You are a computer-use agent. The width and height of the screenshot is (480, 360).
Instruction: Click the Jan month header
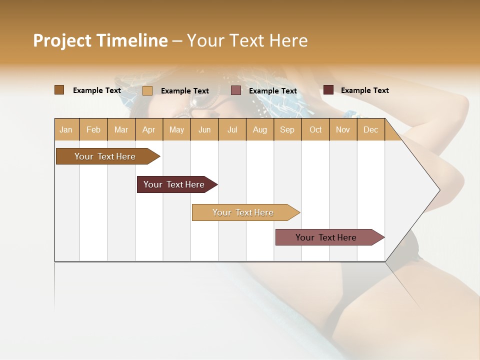pyautogui.click(x=66, y=129)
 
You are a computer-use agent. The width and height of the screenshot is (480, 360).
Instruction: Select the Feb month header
pyautogui.click(x=93, y=129)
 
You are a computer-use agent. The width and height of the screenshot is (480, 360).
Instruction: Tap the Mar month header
pyautogui.click(x=121, y=129)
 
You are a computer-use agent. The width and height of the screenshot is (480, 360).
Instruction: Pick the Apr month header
pyautogui.click(x=149, y=129)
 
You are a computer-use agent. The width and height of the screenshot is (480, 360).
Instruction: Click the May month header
pyautogui.click(x=176, y=129)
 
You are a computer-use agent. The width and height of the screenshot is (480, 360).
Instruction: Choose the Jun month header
pyautogui.click(x=204, y=129)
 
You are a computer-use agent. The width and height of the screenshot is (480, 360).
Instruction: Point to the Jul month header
pyautogui.click(x=232, y=129)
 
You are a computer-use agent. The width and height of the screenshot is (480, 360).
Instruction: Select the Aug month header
pyautogui.click(x=260, y=129)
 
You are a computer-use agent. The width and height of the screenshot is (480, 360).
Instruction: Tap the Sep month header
pyautogui.click(x=287, y=129)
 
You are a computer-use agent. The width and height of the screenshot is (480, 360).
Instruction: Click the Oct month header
pyautogui.click(x=315, y=129)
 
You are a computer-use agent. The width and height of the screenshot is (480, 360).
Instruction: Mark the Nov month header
pyautogui.click(x=343, y=129)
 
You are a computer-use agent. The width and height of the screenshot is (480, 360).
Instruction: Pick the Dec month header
pyautogui.click(x=371, y=129)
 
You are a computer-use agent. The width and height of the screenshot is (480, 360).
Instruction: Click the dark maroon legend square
pyautogui.click(x=328, y=90)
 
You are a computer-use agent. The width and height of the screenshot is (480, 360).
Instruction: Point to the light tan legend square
pyautogui.click(x=147, y=90)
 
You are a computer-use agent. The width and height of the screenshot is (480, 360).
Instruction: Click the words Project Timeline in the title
pyautogui.click(x=100, y=40)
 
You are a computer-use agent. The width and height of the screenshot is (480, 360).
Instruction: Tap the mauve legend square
pyautogui.click(x=236, y=90)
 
